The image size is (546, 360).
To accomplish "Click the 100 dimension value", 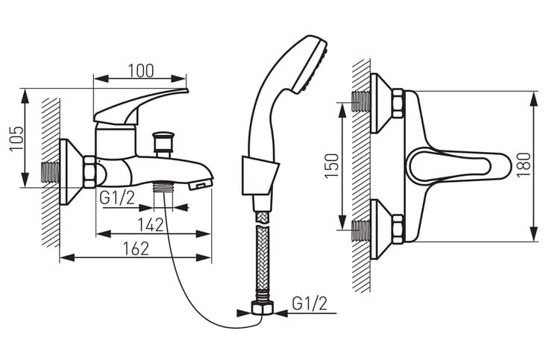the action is click(x=141, y=71).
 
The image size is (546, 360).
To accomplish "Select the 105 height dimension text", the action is click(x=16, y=138).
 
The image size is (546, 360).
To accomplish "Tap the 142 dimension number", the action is click(x=151, y=224).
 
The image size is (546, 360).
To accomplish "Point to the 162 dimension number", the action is click(x=136, y=248).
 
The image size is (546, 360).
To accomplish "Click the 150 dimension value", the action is click(x=332, y=165).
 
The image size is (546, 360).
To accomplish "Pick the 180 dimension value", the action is click(x=524, y=165).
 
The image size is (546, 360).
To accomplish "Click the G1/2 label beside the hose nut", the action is click(x=310, y=303).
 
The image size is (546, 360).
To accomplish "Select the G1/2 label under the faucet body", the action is click(x=117, y=198).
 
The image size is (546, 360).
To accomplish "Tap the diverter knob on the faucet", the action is click(x=163, y=144).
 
